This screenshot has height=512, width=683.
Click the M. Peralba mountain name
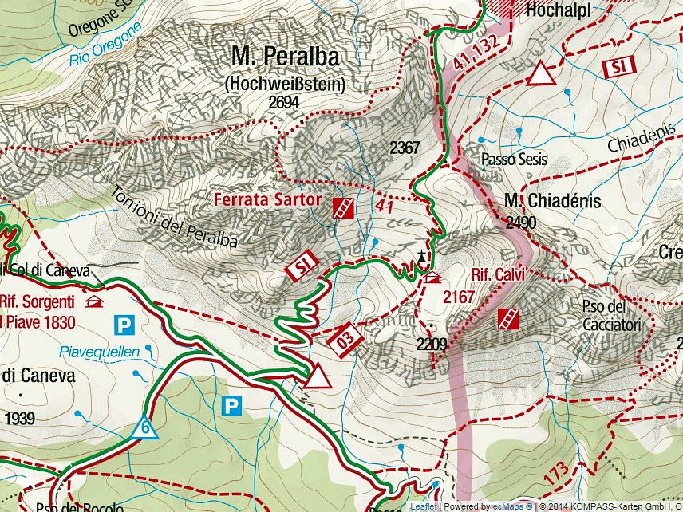pos(285,57)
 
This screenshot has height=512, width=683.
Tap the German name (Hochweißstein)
pos(284,83)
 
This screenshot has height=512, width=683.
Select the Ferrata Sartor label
pos(266,199)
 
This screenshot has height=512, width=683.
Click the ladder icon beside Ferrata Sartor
pos(344,209)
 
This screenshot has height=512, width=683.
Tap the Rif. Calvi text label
pos(497,274)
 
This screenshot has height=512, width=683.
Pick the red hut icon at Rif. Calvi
pos(433,278)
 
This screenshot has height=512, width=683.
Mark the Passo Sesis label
pos(514,160)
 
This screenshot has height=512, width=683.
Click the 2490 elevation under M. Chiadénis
pos(520,223)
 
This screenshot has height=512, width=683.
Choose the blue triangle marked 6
pos(146,427)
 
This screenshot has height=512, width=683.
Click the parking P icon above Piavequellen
pos(124,325)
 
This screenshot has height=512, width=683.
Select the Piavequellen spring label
pos(98,352)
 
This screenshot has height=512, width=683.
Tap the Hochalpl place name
pos(557,11)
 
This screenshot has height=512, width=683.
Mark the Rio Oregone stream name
pos(105,45)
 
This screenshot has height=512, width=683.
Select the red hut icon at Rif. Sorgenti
pos(94,301)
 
